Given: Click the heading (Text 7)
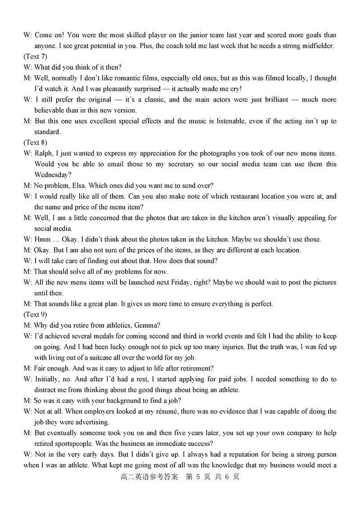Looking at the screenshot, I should pyautogui.click(x=35, y=57).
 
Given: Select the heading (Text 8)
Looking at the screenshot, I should pyautogui.click(x=35, y=143).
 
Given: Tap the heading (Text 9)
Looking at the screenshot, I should pyautogui.click(x=35, y=315).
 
